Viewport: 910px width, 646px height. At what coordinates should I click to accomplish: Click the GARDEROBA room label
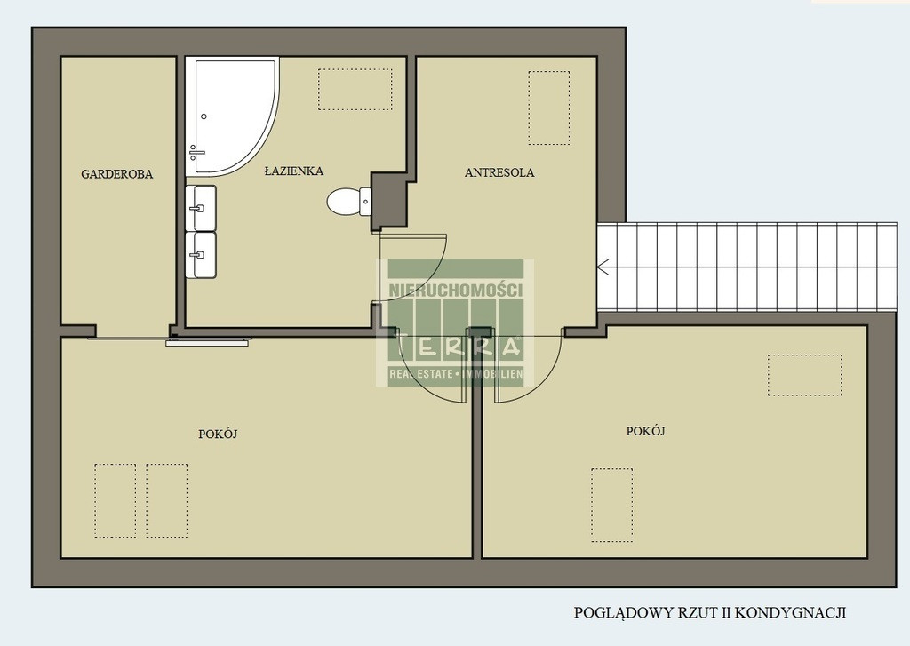tap(116, 173)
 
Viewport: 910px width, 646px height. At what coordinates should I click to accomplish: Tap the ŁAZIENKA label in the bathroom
tap(293, 171)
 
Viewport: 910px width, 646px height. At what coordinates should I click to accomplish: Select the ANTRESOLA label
tap(499, 172)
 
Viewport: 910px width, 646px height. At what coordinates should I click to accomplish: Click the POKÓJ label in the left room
tap(219, 434)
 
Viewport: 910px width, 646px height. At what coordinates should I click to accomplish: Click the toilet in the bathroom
tap(348, 202)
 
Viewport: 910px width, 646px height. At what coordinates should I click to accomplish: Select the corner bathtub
tap(232, 116)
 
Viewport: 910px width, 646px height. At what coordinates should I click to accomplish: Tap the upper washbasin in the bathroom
tap(201, 208)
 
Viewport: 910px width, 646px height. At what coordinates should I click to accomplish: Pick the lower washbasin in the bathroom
tap(201, 255)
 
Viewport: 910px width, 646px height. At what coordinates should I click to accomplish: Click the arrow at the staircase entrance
tap(603, 267)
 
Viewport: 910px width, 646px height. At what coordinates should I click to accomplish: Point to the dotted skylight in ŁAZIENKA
tap(355, 90)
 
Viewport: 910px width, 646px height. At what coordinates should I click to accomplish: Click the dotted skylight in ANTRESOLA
tap(549, 108)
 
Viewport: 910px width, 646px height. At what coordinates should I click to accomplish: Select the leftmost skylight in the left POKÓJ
tap(115, 500)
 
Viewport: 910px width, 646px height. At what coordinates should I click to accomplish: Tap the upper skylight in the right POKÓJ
tap(805, 375)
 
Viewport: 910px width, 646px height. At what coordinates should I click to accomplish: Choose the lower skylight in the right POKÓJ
tap(612, 505)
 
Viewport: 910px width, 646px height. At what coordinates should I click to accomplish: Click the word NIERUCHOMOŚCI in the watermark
tap(456, 291)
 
